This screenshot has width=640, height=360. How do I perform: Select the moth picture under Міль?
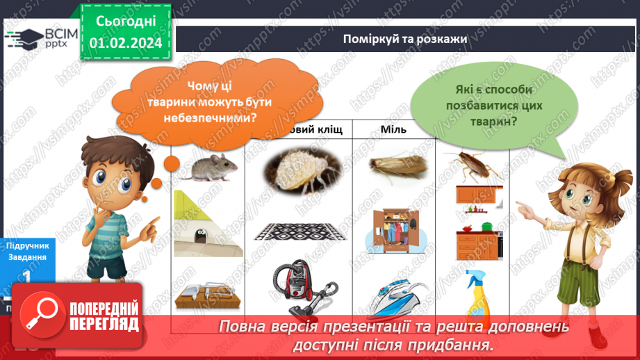(393, 165)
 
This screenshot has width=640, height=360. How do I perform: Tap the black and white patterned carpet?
(297, 231)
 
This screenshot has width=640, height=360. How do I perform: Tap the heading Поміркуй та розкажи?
(404, 38)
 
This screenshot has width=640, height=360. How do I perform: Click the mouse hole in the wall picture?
(202, 233)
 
